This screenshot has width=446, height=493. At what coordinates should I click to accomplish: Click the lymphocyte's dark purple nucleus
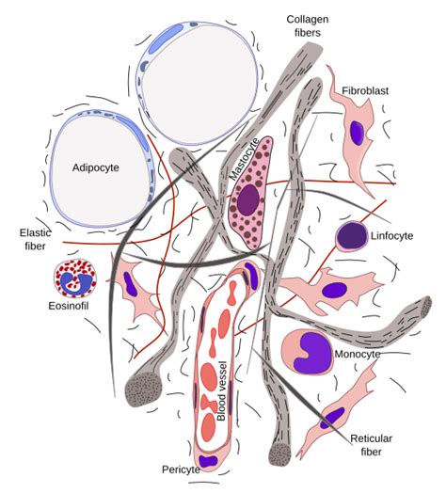[x=350, y=234]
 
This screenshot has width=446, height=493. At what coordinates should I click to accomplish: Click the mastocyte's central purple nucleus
[x=248, y=199]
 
